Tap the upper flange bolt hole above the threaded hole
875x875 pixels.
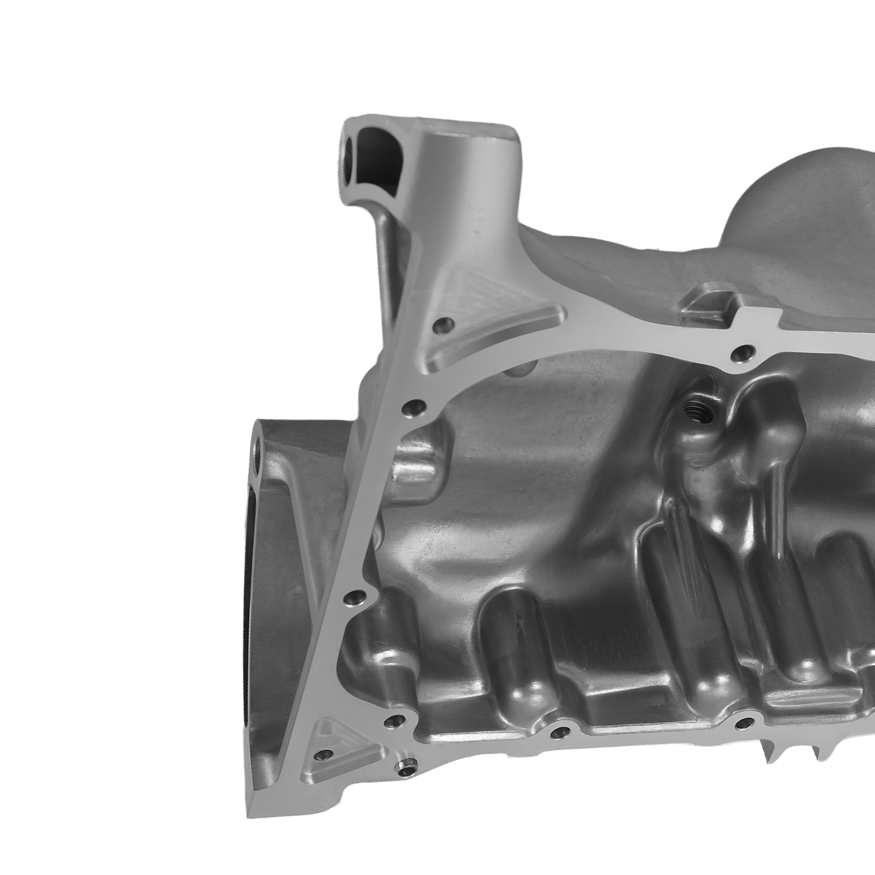tap(742, 353)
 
